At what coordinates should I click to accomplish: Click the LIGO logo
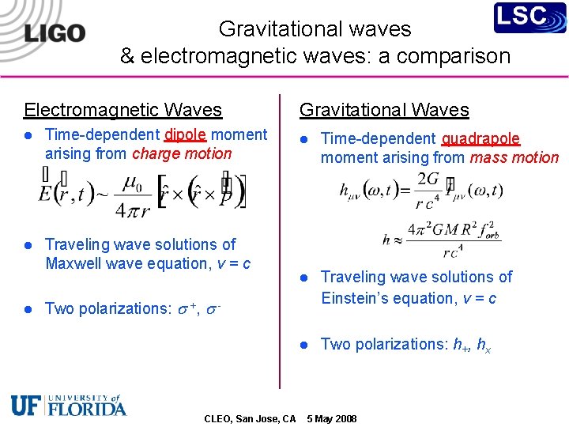[55, 32]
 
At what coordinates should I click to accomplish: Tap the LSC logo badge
[530, 18]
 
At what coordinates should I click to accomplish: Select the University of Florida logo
[69, 405]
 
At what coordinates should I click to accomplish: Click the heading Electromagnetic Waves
[122, 110]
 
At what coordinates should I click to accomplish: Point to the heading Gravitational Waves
[384, 110]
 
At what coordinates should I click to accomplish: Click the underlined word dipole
[186, 134]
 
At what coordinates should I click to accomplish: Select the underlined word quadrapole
[480, 139]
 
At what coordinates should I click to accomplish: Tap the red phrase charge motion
[182, 153]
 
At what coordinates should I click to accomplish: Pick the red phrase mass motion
[514, 157]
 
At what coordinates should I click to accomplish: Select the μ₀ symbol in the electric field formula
[133, 184]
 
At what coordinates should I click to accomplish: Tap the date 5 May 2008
[331, 418]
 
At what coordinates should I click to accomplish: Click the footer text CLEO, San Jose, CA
[250, 418]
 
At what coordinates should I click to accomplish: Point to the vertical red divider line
[279, 237]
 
